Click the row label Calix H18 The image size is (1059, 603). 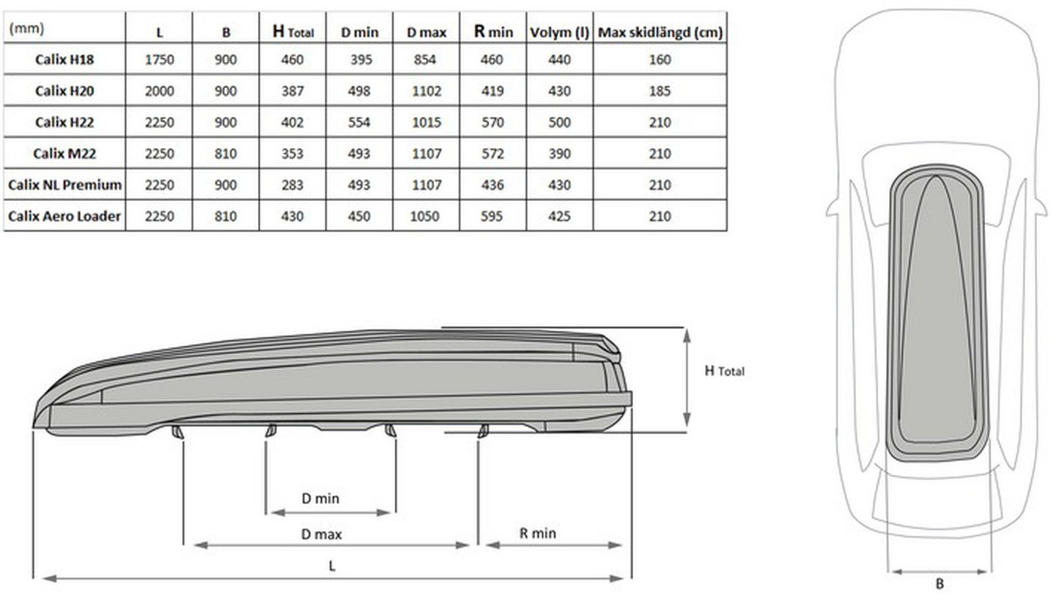pyautogui.click(x=64, y=59)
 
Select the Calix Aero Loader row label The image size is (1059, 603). pyautogui.click(x=64, y=216)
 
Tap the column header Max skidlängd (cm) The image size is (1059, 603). pyautogui.click(x=660, y=32)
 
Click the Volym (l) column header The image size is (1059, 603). pyautogui.click(x=560, y=32)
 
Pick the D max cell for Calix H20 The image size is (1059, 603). pyautogui.click(x=426, y=91)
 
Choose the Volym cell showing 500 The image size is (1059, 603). pyautogui.click(x=560, y=122)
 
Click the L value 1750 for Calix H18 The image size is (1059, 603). pyautogui.click(x=159, y=59)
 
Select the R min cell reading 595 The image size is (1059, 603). pyautogui.click(x=492, y=216)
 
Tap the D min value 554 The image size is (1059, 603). pyautogui.click(x=359, y=122)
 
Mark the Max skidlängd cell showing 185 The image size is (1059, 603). pyautogui.click(x=660, y=91)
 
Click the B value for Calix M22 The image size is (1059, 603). pyautogui.click(x=226, y=154)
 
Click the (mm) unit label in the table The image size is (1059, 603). pyautogui.click(x=26, y=29)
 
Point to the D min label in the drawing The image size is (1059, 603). pyautogui.click(x=320, y=498)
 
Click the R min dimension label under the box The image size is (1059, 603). pyautogui.click(x=537, y=533)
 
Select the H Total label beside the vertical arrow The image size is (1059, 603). pyautogui.click(x=723, y=371)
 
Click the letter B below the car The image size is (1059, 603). pyautogui.click(x=939, y=584)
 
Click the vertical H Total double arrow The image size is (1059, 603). pyautogui.click(x=687, y=377)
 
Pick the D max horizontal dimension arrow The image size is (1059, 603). pyautogui.click(x=331, y=544)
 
